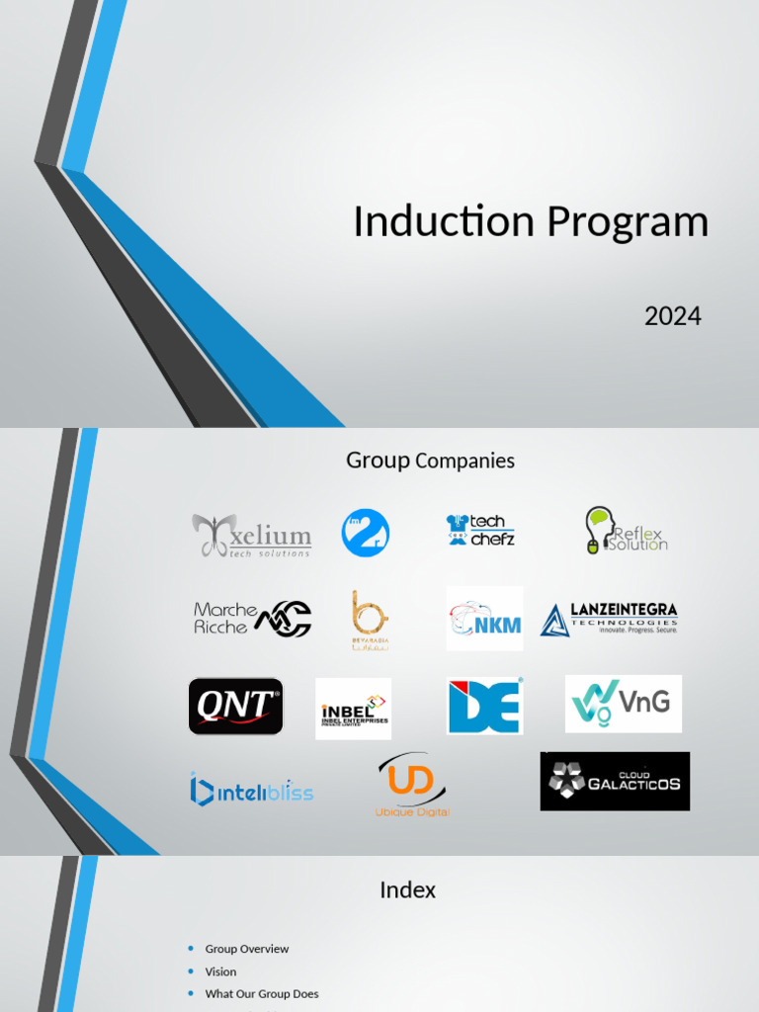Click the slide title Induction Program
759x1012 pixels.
pyautogui.click(x=531, y=221)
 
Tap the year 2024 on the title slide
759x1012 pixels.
pyautogui.click(x=672, y=316)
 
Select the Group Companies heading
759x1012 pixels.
pyautogui.click(x=430, y=461)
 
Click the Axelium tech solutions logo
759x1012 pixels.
pyautogui.click(x=252, y=535)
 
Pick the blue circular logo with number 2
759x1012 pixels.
pyautogui.click(x=365, y=533)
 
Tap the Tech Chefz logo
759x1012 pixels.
pyautogui.click(x=480, y=531)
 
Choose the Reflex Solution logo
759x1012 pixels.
pyautogui.click(x=626, y=531)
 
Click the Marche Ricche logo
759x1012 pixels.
pyautogui.click(x=252, y=619)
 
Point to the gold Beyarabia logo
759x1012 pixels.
pyautogui.click(x=370, y=620)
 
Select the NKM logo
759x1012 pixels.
pyautogui.click(x=484, y=619)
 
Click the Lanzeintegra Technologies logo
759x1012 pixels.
pyautogui.click(x=609, y=619)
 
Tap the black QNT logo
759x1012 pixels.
pyautogui.click(x=235, y=706)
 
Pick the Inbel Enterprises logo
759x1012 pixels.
pyautogui.click(x=353, y=709)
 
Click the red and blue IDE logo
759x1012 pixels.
pyautogui.click(x=484, y=706)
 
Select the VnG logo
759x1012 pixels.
pyautogui.click(x=623, y=704)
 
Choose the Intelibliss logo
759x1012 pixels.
pyautogui.click(x=251, y=791)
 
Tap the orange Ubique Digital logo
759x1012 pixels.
pyautogui.click(x=412, y=786)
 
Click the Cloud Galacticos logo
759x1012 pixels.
pyautogui.click(x=615, y=781)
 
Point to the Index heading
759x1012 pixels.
pyautogui.click(x=407, y=889)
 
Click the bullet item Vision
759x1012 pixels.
pyautogui.click(x=220, y=971)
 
